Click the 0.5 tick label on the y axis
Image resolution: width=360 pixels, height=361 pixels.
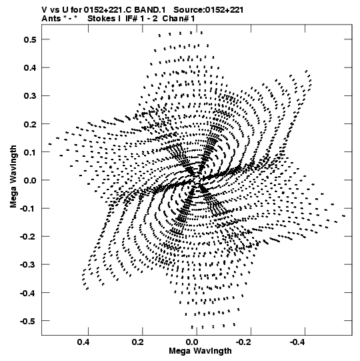click(x=30, y=39)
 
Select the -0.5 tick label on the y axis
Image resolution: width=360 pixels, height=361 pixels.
click(x=28, y=321)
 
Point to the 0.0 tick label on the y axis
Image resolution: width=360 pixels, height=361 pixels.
click(x=30, y=180)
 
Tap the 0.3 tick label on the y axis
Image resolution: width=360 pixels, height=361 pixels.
click(x=30, y=96)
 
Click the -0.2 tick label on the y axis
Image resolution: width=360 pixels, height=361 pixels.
click(x=28, y=236)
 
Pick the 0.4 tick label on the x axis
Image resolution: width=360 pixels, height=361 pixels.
click(x=83, y=342)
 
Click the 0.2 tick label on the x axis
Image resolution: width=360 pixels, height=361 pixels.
click(x=138, y=342)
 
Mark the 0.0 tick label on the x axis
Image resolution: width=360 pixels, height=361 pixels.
click(x=192, y=342)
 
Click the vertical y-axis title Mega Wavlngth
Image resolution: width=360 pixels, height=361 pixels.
click(x=13, y=177)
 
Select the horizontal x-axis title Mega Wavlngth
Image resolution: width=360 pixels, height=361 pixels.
click(x=200, y=351)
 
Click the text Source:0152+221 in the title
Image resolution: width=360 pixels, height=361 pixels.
click(x=209, y=10)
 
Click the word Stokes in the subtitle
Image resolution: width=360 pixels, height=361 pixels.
click(x=101, y=19)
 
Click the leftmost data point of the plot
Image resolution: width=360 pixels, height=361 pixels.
click(x=50, y=144)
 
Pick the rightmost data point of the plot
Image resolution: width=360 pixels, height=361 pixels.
click(x=344, y=216)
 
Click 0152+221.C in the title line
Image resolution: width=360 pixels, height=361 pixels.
click(x=108, y=10)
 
